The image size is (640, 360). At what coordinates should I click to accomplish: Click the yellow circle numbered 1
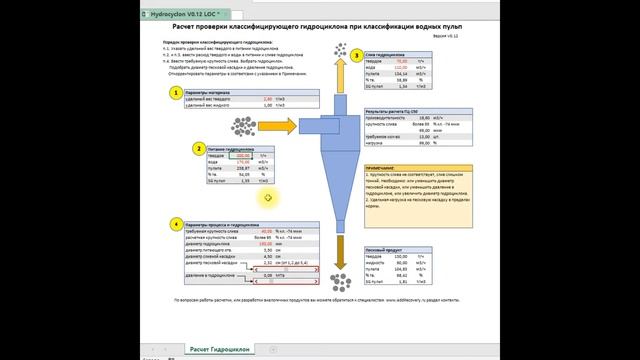[176, 93]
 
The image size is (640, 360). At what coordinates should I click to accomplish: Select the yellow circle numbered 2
[200, 149]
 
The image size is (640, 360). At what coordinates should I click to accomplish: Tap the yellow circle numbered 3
[356, 56]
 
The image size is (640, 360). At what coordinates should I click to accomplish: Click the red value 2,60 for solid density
[267, 99]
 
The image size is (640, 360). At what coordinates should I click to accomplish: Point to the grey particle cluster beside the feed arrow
[243, 126]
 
